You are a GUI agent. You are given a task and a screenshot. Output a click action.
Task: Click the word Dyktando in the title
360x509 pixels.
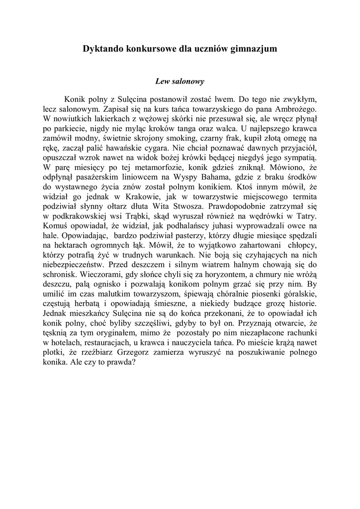[102, 49]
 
